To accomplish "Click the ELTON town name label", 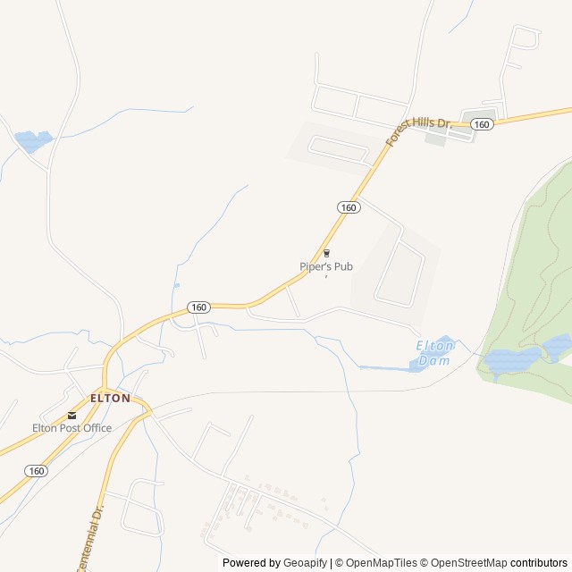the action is pyautogui.click(x=110, y=398).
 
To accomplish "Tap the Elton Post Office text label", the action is pyautogui.click(x=72, y=428).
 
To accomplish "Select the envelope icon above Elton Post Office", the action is pyautogui.click(x=71, y=415).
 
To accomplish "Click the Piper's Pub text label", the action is pyautogui.click(x=326, y=266).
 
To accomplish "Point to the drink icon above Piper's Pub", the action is pyautogui.click(x=326, y=253).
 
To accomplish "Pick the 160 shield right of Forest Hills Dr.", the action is pyautogui.click(x=482, y=124).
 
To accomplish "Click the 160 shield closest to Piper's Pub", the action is pyautogui.click(x=349, y=207).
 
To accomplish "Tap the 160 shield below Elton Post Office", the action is pyautogui.click(x=37, y=470).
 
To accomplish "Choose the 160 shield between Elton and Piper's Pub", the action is pyautogui.click(x=198, y=307).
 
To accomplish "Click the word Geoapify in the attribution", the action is pyautogui.click(x=305, y=563).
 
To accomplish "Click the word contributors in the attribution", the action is pyautogui.click(x=540, y=563).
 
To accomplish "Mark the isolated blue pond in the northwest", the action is pyautogui.click(x=33, y=140).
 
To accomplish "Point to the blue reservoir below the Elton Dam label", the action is pyautogui.click(x=418, y=364).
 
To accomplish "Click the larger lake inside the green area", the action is pyautogui.click(x=512, y=361).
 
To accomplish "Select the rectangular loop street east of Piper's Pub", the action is pyautogui.click(x=400, y=273).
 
